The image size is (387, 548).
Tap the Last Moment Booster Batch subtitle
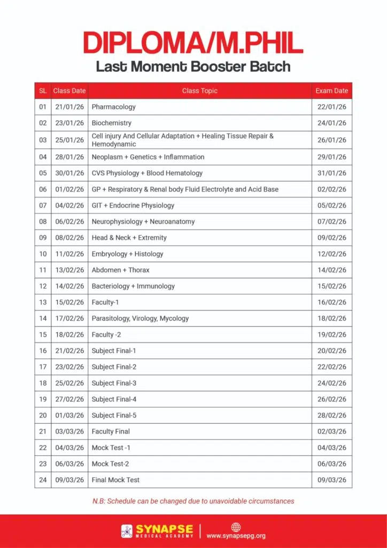(193, 67)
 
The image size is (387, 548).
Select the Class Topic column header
(199, 91)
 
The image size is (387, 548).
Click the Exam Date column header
(331, 91)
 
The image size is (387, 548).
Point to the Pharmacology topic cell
(113, 107)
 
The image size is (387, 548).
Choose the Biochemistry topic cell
(111, 123)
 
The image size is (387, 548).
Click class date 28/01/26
(69, 157)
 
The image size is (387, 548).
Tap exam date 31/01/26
(331, 173)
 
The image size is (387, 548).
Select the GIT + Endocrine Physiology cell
(133, 205)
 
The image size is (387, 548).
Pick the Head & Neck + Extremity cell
(129, 238)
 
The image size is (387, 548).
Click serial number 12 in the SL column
(43, 286)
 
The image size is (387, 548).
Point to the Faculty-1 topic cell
(105, 302)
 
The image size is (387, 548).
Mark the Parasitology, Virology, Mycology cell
(140, 318)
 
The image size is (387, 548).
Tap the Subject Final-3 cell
(114, 383)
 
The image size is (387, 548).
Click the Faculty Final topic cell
(111, 431)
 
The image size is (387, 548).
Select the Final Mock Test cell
(115, 480)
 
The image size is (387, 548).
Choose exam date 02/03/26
(331, 431)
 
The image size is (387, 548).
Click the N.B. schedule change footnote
(193, 501)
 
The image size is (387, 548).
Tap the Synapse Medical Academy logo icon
(127, 531)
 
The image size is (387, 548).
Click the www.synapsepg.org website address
(236, 536)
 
